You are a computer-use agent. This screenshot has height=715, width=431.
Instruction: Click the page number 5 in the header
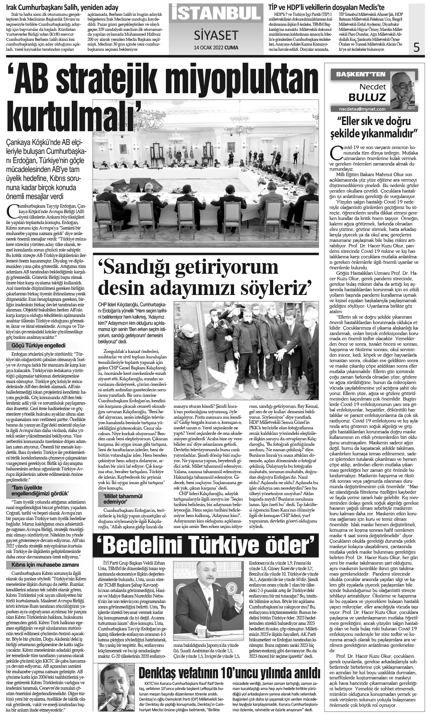[x=417, y=47]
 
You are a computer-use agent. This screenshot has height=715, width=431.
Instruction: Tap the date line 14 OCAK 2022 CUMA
[x=216, y=48]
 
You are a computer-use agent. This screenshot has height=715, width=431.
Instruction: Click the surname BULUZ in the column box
[x=367, y=97]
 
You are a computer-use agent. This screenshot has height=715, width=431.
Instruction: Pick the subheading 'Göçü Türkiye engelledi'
[x=39, y=346]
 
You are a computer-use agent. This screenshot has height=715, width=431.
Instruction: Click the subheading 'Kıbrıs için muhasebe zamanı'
[x=45, y=565]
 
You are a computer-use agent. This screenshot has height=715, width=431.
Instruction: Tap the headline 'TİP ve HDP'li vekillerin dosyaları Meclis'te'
[x=326, y=7]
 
